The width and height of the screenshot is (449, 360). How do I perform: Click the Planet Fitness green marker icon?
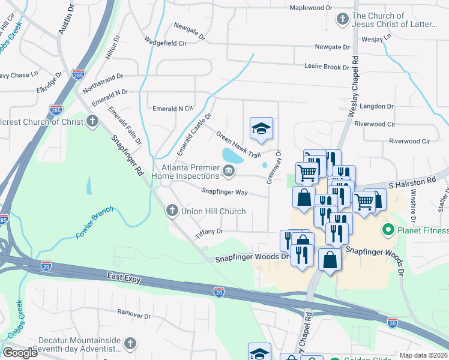(x=387, y=230)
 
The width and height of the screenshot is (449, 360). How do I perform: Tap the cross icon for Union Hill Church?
(x=172, y=211)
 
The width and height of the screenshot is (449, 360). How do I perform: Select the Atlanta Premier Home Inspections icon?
(x=228, y=172)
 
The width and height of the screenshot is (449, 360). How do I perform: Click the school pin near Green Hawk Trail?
(x=261, y=128)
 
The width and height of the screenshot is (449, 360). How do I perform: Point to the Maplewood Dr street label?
(x=310, y=8)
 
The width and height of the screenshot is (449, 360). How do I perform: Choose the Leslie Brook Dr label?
(x=327, y=67)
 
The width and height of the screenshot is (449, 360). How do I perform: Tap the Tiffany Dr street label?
(x=209, y=232)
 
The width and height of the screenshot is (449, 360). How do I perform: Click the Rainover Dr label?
(x=134, y=314)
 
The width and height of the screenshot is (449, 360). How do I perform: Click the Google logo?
(x=20, y=352)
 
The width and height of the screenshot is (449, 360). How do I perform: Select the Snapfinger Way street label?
(x=224, y=192)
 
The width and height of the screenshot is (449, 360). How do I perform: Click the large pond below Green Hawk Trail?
(x=231, y=156)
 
